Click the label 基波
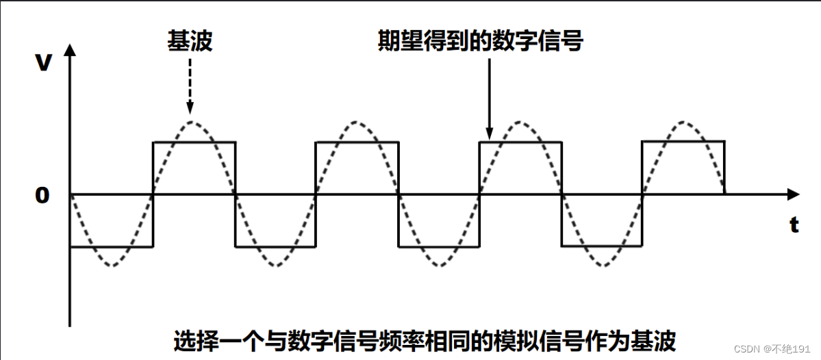(190, 42)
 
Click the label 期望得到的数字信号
(481, 42)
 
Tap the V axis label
(44, 63)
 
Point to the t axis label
(794, 226)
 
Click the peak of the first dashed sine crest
(194, 123)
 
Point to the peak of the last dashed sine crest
(683, 123)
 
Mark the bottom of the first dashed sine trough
(112, 266)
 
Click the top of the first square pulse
(194, 142)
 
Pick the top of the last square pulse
(683, 141)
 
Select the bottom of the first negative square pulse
(112, 246)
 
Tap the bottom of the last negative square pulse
(602, 246)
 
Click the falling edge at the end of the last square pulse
(724, 168)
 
